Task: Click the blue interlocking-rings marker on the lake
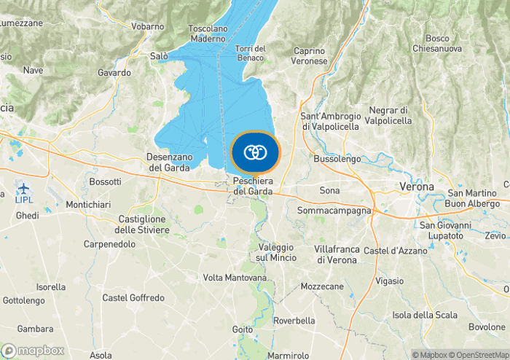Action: point(255,152)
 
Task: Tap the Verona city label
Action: point(417,187)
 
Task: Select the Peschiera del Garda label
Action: point(254,186)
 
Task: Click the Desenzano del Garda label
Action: point(168,162)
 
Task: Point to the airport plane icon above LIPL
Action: point(23,187)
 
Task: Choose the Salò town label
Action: point(159,55)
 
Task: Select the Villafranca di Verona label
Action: point(336,254)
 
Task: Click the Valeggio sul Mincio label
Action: point(276,252)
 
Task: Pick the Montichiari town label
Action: point(88,205)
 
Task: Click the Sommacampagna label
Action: point(334,211)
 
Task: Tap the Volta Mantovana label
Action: point(235,278)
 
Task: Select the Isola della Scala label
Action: point(425,315)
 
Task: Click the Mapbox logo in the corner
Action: point(34,351)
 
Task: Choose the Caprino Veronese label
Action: point(310,56)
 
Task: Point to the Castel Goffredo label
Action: point(133,298)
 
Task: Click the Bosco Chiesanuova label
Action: point(437,43)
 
